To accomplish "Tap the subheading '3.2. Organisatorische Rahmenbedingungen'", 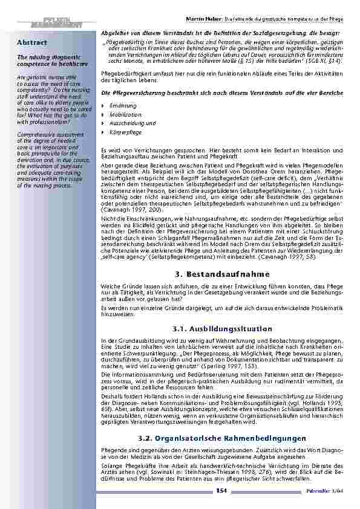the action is (x=223, y=437).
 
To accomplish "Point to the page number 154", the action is (x=222, y=494).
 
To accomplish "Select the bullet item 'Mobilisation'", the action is (x=125, y=114).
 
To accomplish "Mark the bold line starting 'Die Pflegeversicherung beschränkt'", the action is (x=221, y=94).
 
